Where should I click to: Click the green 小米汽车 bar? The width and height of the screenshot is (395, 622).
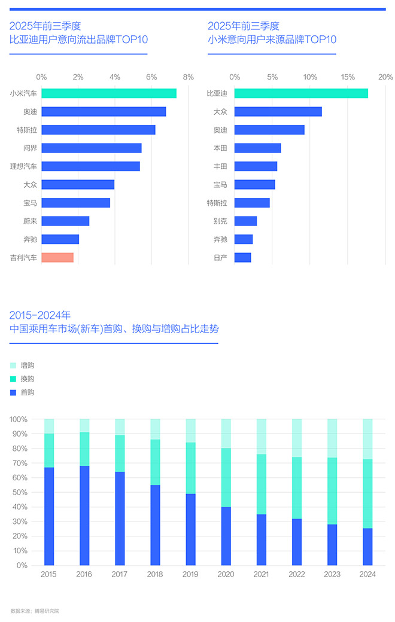tap(109, 93)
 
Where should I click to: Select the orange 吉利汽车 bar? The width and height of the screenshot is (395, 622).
tap(57, 258)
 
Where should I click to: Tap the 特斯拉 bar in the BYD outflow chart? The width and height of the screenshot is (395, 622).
tap(98, 130)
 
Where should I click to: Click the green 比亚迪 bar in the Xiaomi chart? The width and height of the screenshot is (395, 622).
tap(301, 93)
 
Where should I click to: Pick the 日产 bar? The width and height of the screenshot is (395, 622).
tap(242, 258)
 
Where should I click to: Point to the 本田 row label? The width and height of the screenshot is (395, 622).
tap(220, 148)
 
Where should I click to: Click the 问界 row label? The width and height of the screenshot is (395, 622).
tap(30, 148)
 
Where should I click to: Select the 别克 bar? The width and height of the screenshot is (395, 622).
tap(245, 221)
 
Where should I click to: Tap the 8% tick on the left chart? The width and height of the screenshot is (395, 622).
tap(189, 77)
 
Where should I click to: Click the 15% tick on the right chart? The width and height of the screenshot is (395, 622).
tap(348, 77)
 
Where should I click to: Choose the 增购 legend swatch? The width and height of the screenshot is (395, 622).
tap(13, 365)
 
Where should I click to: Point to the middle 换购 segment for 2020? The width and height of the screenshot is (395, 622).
tap(226, 477)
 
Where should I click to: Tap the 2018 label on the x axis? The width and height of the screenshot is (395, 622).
tap(155, 574)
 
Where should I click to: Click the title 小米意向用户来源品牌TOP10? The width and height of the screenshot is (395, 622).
tap(272, 40)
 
